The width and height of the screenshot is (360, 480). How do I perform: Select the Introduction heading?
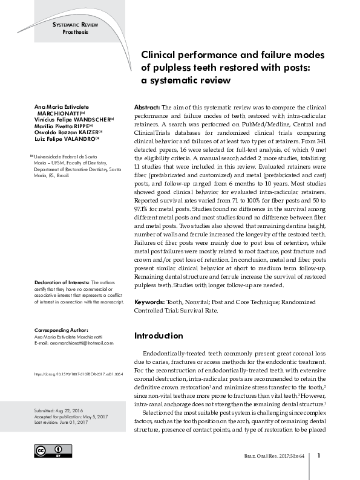(x=158, y=336)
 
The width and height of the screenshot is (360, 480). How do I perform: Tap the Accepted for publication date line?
(x=70, y=417)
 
